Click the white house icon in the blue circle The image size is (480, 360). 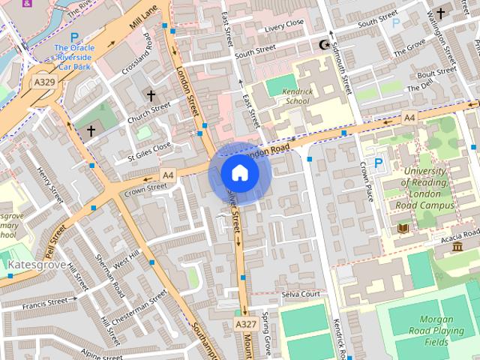(240, 172)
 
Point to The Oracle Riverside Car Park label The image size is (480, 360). (73, 56)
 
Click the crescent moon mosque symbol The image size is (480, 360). (324, 45)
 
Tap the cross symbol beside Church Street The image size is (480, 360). (151, 96)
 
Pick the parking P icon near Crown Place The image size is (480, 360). (378, 163)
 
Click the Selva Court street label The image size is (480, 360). (301, 294)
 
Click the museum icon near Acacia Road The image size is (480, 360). (457, 247)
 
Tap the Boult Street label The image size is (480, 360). (436, 73)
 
